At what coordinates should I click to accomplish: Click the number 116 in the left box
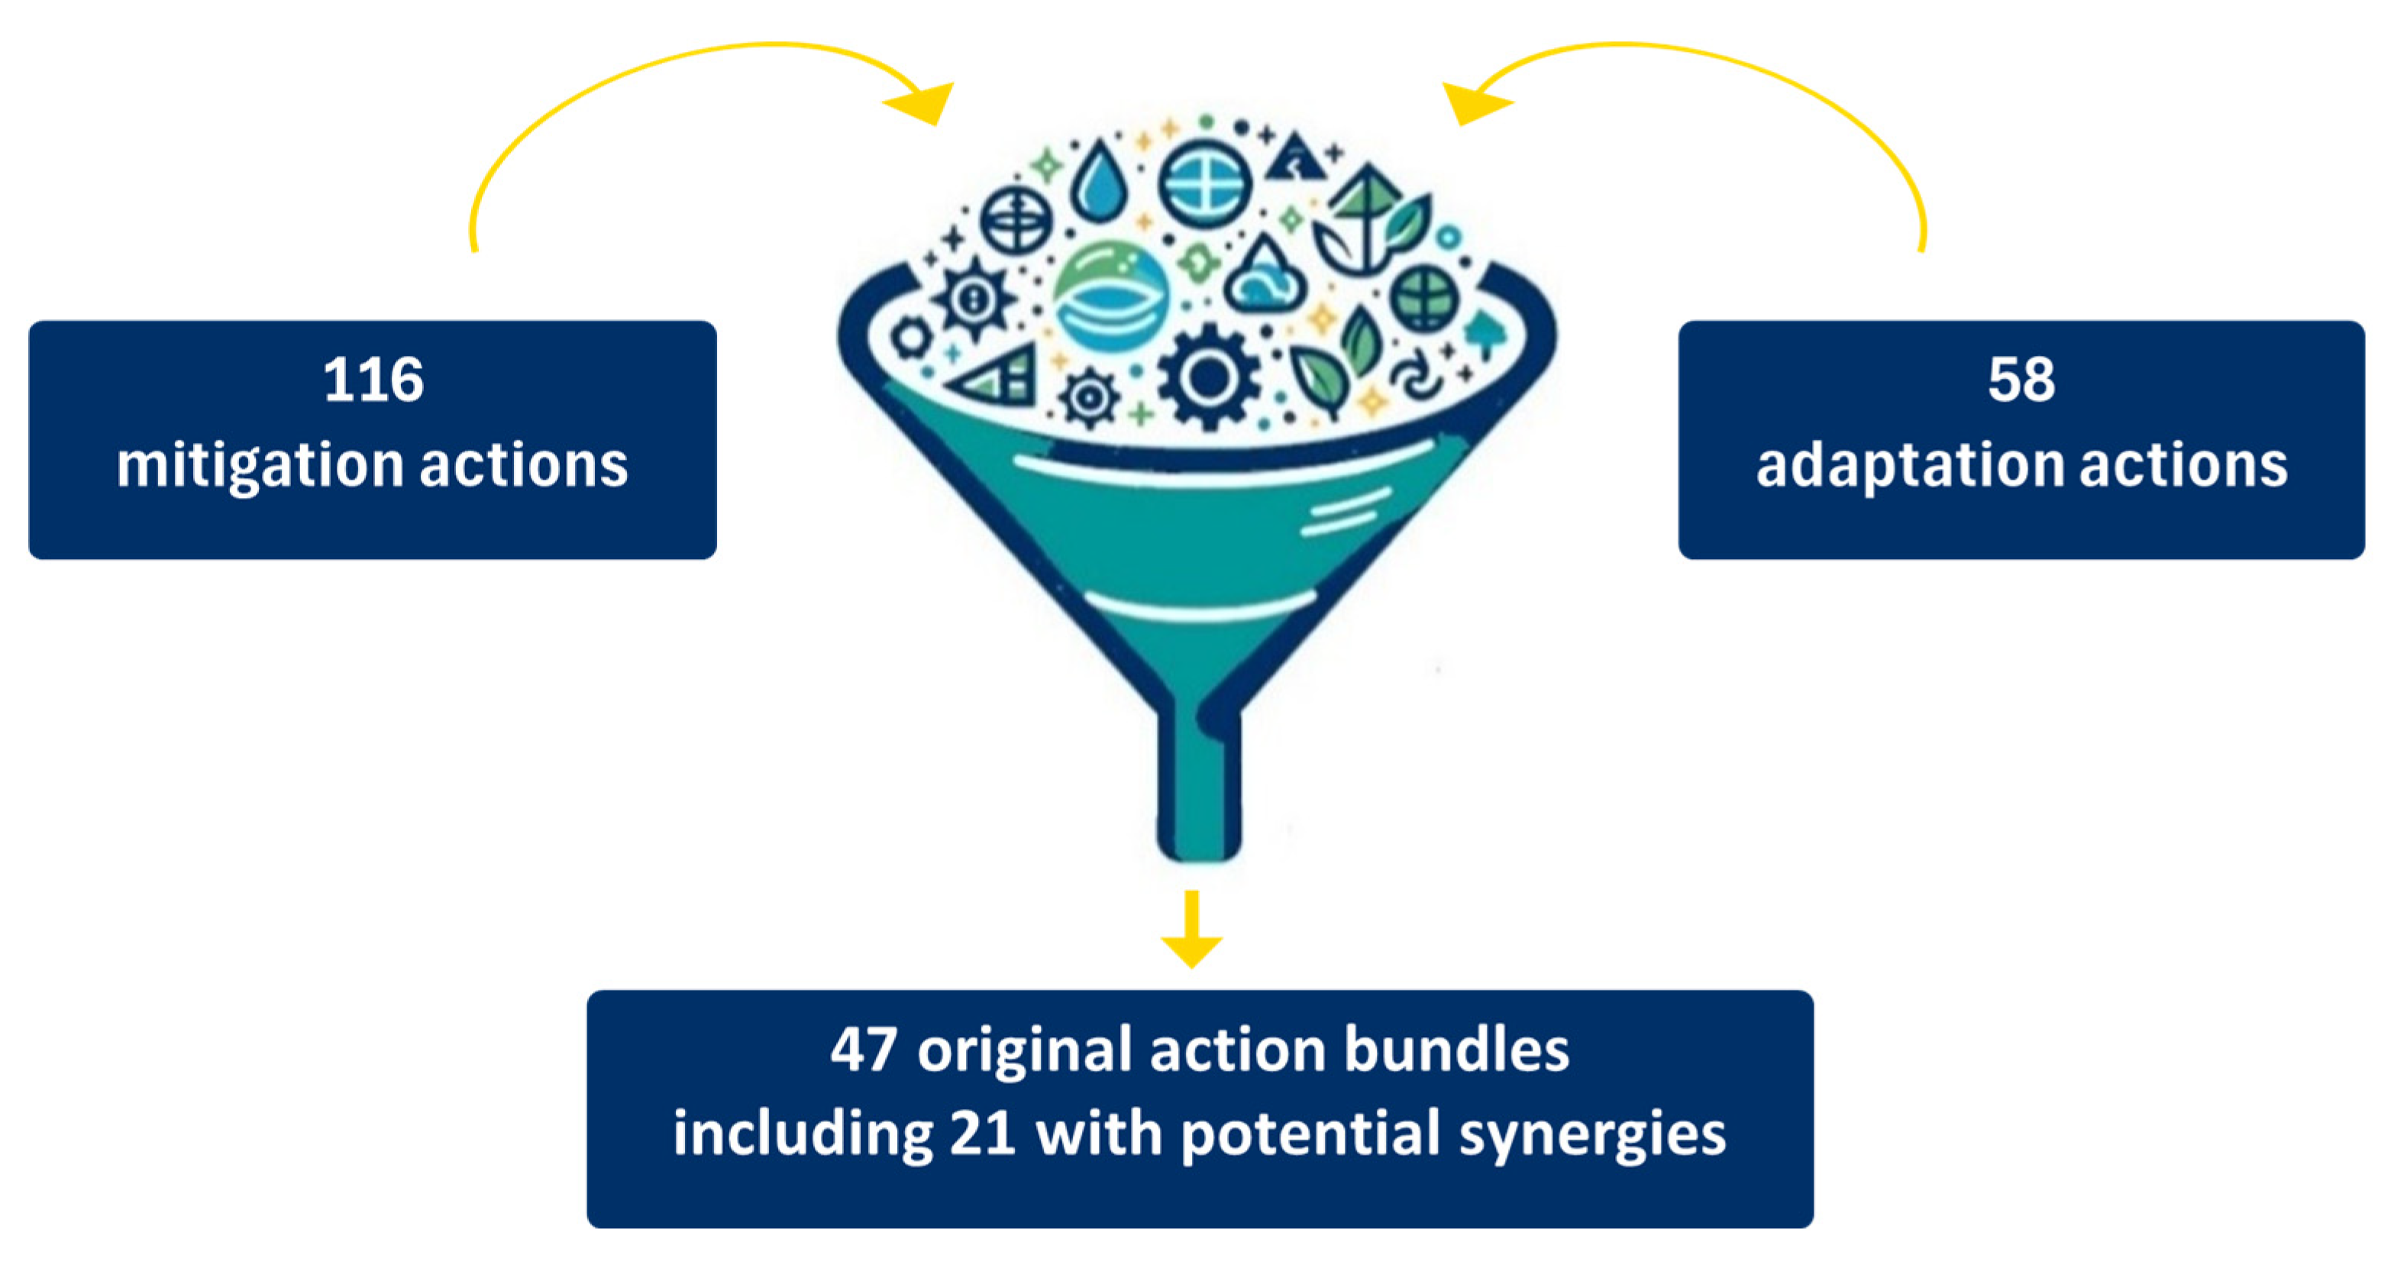(373, 380)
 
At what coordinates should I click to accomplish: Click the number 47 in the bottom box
(864, 1050)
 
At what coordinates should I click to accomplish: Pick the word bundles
(1456, 1050)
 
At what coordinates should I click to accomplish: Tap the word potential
(1310, 1135)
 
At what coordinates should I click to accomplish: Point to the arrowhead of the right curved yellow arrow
(1474, 102)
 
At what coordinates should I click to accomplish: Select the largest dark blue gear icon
(1208, 377)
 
